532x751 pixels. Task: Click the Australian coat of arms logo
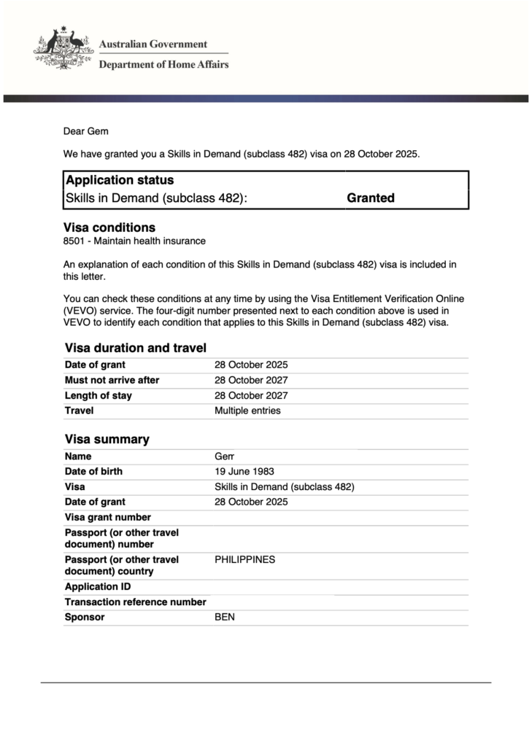point(62,50)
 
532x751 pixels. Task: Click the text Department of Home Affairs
point(163,64)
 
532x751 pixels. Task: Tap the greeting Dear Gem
point(85,131)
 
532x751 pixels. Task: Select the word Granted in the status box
point(371,198)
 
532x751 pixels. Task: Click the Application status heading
point(120,180)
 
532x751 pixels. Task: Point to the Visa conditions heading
point(109,227)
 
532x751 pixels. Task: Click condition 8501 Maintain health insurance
point(135,241)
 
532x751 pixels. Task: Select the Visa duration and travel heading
point(135,349)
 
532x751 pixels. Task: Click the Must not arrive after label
point(112,380)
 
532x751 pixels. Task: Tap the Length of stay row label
point(99,395)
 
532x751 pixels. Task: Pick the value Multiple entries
point(247,410)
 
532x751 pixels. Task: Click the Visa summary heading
point(107,440)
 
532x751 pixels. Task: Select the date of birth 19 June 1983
point(244,471)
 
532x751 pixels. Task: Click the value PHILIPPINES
point(245,559)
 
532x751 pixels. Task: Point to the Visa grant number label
point(108,517)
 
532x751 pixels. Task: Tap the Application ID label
point(92,587)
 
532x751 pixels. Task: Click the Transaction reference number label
point(135,602)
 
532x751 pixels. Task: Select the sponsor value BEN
point(225,617)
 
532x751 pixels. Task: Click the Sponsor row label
point(85,617)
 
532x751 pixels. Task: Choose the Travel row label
point(79,410)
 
